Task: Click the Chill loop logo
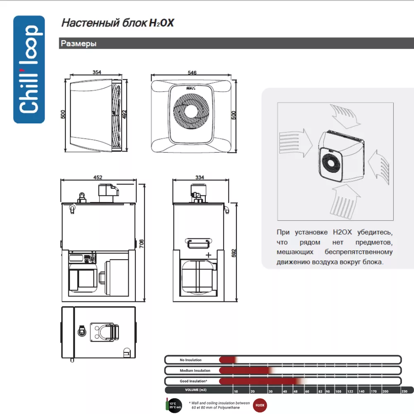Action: click(29, 69)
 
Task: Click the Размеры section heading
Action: click(79, 43)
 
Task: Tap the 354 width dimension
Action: click(96, 72)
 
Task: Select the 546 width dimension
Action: click(192, 72)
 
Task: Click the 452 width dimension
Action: click(98, 177)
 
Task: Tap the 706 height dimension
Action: click(142, 244)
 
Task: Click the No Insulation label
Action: click(190, 360)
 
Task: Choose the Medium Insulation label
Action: click(195, 371)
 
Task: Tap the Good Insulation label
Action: click(193, 381)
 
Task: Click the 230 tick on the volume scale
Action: click(404, 391)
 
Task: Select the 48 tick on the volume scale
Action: click(295, 391)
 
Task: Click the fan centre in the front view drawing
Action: click(192, 113)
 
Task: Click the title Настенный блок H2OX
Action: click(118, 23)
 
